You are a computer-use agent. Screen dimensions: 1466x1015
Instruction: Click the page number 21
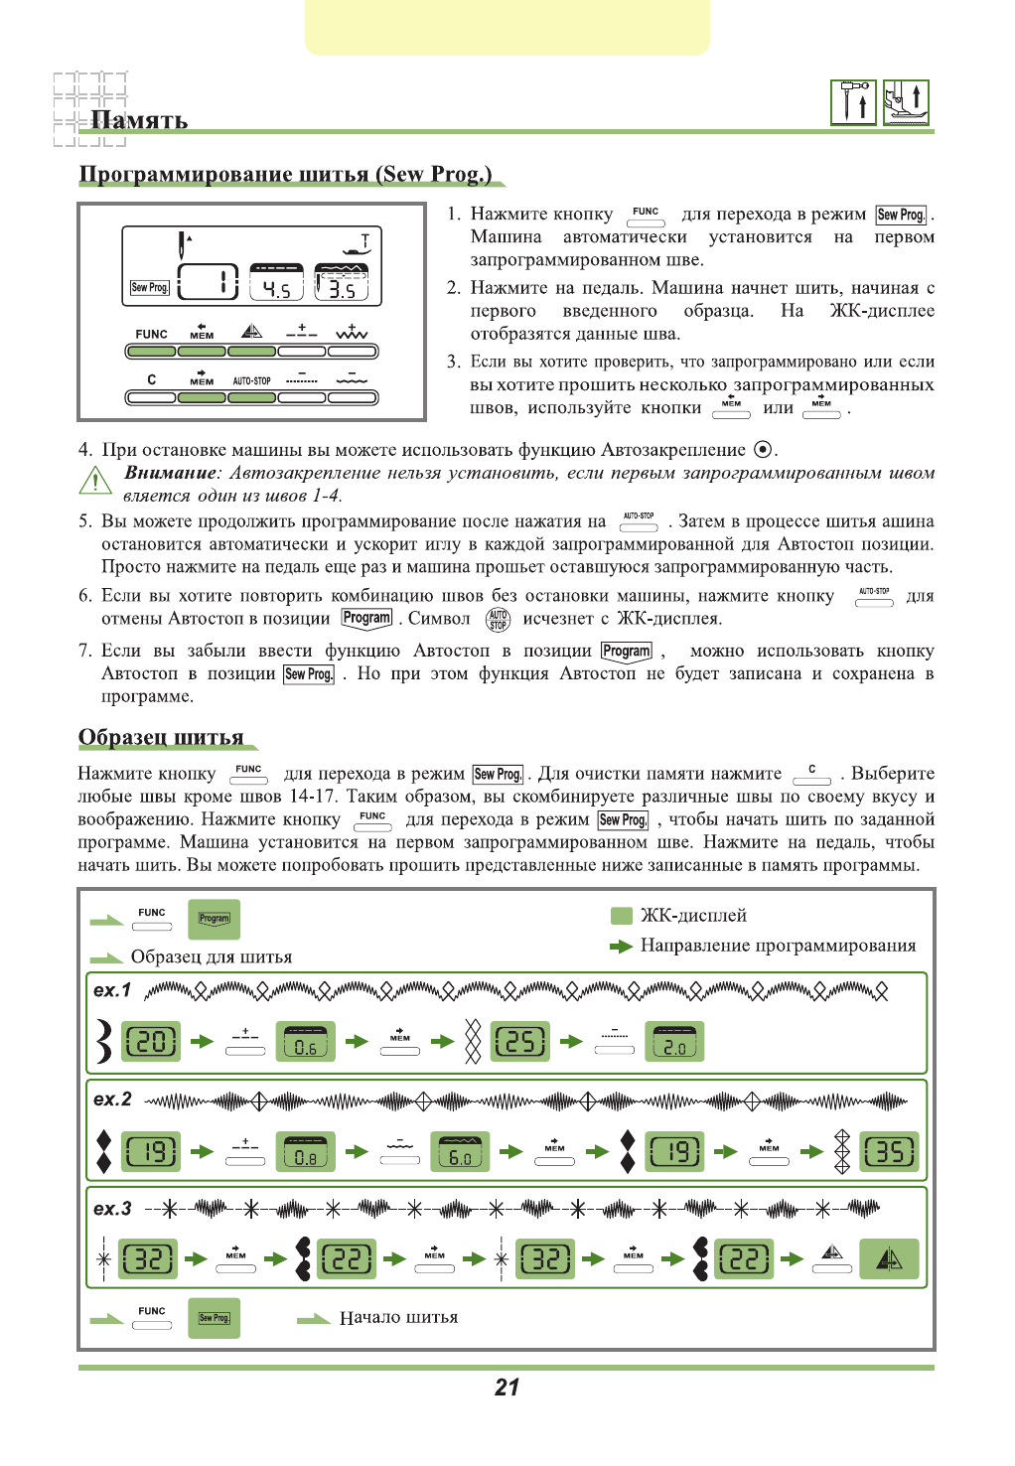click(507, 1388)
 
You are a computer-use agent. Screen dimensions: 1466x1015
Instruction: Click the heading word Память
click(139, 120)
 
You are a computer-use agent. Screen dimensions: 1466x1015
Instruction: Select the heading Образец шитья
click(161, 737)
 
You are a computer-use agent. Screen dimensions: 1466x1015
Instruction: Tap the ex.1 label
click(112, 990)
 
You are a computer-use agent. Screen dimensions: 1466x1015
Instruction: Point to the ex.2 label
click(112, 1099)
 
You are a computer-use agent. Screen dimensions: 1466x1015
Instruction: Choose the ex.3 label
click(112, 1209)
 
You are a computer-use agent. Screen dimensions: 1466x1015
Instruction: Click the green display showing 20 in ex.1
click(151, 1042)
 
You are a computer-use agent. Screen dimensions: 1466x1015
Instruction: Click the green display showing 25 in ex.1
click(520, 1042)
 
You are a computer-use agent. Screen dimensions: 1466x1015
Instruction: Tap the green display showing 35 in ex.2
click(889, 1152)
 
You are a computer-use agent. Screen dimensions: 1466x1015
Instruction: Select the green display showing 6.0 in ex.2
click(460, 1152)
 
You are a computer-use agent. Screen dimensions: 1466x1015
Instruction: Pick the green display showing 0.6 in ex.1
click(305, 1042)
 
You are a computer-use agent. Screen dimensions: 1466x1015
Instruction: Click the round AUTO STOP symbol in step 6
click(498, 620)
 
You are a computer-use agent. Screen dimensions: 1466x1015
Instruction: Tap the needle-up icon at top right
click(853, 102)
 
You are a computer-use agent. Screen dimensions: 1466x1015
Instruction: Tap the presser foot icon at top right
click(906, 102)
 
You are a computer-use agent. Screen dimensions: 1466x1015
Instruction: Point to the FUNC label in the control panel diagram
click(151, 334)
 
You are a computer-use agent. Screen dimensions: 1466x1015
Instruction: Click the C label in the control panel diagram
click(151, 379)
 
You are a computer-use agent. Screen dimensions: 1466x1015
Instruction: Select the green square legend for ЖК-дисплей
click(622, 916)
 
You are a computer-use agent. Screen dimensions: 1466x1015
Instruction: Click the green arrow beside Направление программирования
click(621, 947)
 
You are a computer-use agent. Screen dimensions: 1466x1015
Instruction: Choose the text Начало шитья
click(398, 1318)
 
